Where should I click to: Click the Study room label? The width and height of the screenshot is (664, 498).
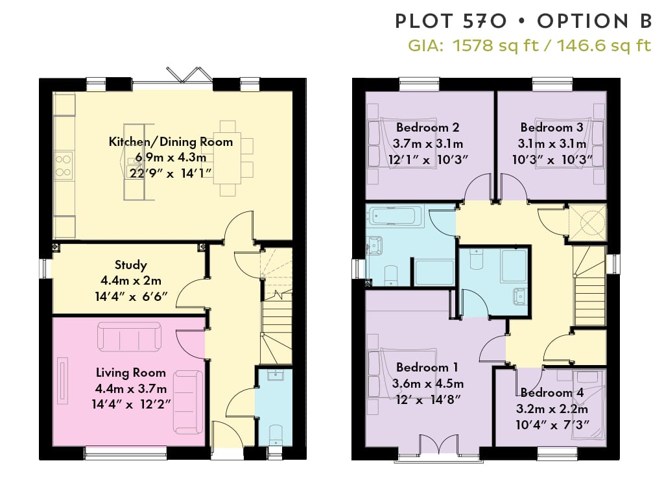pos(131,265)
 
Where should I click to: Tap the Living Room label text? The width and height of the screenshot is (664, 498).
pos(130,373)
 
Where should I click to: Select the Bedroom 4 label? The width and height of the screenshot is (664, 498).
pos(552,392)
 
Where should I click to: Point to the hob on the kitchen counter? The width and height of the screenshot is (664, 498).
pos(63,165)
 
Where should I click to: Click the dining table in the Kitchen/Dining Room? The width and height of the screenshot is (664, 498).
pos(228,159)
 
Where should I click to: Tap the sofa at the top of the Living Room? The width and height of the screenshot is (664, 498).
pos(129,337)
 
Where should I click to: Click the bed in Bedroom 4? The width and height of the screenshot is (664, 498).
pos(587,405)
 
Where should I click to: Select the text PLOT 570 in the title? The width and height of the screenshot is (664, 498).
pos(451,21)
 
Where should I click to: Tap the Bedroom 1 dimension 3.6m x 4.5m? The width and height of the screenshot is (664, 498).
pos(428,384)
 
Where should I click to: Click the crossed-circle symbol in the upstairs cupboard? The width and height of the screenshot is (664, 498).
pos(587,222)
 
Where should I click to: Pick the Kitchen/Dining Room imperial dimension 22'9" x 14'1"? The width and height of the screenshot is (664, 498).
pos(171,173)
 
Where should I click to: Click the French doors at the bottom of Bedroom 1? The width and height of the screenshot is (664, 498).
pos(439,446)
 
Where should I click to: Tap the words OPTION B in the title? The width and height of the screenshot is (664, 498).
pos(595,21)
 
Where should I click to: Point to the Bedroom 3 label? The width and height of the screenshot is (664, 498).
pos(552,128)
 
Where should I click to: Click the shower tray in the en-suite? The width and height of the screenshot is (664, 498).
pos(514,266)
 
